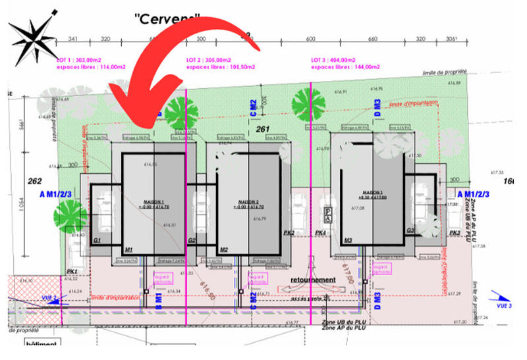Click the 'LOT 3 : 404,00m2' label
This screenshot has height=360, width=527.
tap(337, 59)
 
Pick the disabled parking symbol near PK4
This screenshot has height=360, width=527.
tap(327, 212)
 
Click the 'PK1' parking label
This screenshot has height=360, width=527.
tap(72, 271)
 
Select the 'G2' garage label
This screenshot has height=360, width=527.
tap(192, 241)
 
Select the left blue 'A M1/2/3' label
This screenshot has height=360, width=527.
tap(56, 194)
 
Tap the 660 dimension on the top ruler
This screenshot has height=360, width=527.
tap(373, 39)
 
